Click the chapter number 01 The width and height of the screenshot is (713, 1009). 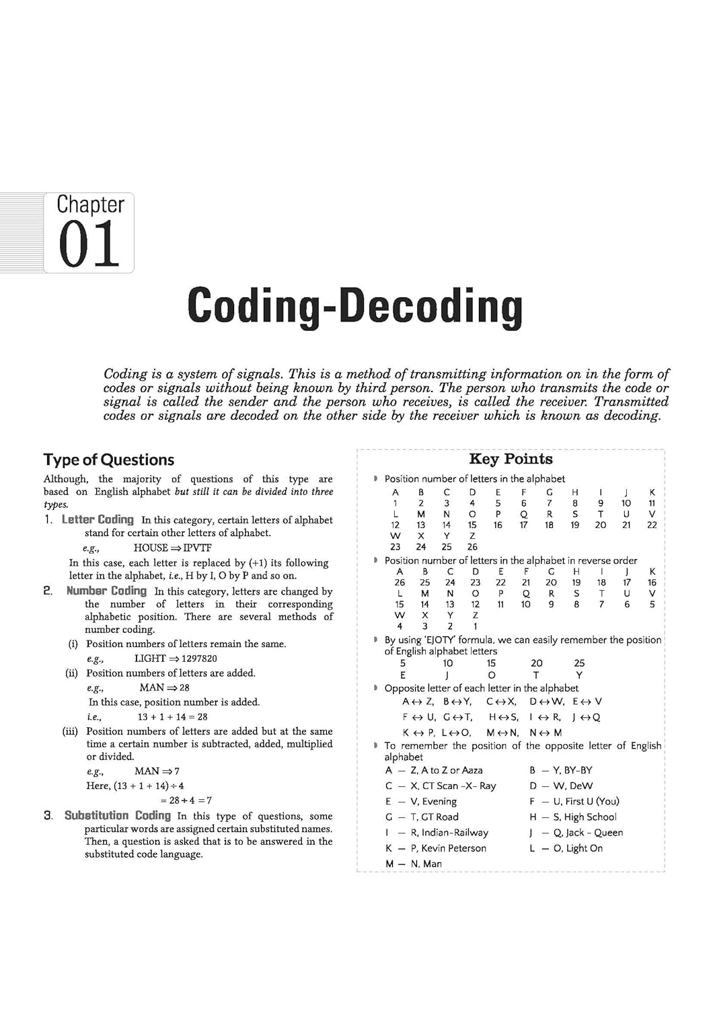coord(89,244)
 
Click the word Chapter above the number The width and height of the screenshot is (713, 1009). coord(90,204)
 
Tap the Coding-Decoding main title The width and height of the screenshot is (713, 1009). coord(354,307)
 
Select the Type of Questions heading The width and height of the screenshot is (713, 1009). coord(108,460)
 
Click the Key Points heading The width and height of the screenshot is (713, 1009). coord(511,459)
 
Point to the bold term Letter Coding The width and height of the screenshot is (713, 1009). coord(98,520)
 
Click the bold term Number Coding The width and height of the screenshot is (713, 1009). coord(106,591)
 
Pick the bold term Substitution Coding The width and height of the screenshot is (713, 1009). coord(117,816)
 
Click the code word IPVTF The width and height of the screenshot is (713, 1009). coord(197,548)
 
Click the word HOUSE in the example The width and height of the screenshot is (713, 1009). coord(151,548)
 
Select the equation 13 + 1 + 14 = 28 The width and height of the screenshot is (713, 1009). coord(172,717)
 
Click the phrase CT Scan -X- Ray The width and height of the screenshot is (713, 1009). coord(459,786)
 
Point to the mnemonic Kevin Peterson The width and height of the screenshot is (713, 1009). coord(453,848)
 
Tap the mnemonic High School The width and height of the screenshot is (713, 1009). coord(590,817)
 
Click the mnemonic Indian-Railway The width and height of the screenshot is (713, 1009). coord(455,833)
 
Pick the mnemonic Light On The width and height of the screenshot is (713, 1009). coord(584,848)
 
